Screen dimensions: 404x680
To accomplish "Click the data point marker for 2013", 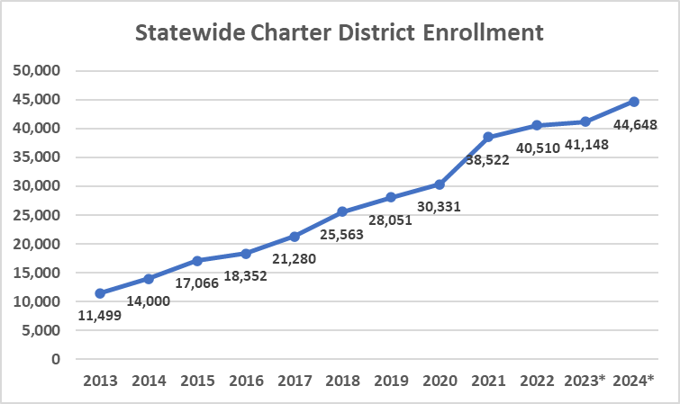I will point(100,293).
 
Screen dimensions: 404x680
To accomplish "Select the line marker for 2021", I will point(488,137).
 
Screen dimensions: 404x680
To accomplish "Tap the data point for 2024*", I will point(634,102).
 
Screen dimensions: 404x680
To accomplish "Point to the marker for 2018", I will point(342,211).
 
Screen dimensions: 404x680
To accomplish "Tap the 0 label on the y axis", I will point(56,359).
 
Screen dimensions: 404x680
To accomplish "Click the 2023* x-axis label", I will point(585,382).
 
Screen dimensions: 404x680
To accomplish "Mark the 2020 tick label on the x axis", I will point(440,382).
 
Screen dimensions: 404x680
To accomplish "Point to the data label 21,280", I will point(294,259).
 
